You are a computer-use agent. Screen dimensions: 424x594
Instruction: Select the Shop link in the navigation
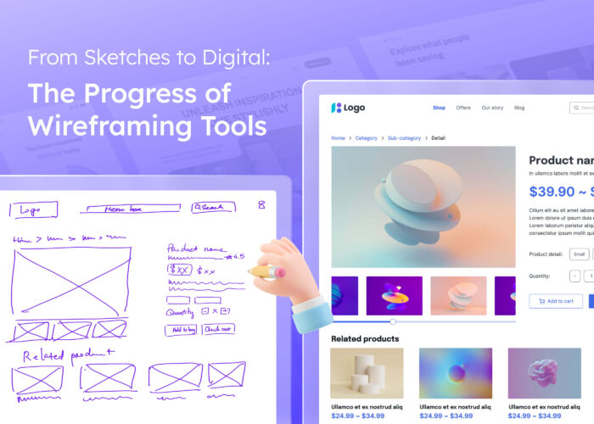[439, 108]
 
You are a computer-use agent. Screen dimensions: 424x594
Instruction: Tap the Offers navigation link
[463, 108]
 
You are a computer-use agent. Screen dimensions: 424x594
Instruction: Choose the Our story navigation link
[492, 108]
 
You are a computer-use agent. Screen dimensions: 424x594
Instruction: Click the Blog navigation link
[519, 108]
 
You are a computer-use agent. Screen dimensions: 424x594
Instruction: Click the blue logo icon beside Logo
[336, 108]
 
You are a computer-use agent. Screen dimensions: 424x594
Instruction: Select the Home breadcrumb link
[338, 137]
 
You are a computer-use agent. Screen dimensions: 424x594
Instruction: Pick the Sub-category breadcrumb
[404, 137]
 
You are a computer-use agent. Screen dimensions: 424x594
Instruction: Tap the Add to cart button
[555, 301]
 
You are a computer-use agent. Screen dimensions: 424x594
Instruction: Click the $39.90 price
[552, 191]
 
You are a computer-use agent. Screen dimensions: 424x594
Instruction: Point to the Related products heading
[365, 339]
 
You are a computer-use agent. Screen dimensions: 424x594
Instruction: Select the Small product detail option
[579, 254]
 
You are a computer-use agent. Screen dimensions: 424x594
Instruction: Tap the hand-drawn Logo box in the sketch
[34, 209]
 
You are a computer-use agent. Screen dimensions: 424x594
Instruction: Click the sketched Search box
[213, 207]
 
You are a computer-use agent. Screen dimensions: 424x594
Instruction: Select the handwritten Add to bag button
[181, 330]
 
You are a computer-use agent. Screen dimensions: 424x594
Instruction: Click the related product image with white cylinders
[367, 373]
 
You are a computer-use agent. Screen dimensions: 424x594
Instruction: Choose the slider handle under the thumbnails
[393, 322]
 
